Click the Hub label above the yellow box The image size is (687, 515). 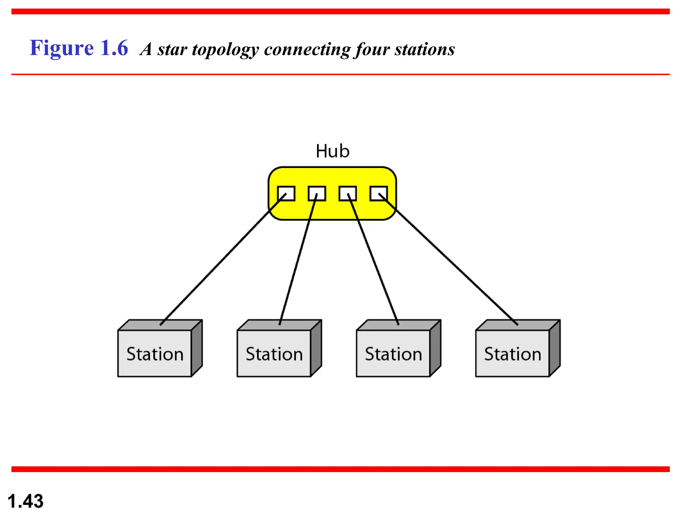pyautogui.click(x=332, y=151)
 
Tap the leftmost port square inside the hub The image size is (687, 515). pyautogui.click(x=286, y=193)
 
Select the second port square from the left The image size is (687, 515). pyautogui.click(x=317, y=193)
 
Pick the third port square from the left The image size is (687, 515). pyautogui.click(x=348, y=193)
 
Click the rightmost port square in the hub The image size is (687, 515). pyautogui.click(x=378, y=193)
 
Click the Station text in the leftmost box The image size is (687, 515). pyautogui.click(x=155, y=354)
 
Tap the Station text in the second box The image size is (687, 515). pyautogui.click(x=274, y=354)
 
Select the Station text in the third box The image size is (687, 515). pyautogui.click(x=393, y=354)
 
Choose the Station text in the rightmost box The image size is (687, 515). pyautogui.click(x=513, y=354)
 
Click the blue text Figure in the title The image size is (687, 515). pyautogui.click(x=62, y=48)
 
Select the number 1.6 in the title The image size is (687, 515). pyautogui.click(x=114, y=48)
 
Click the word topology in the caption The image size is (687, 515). pyautogui.click(x=225, y=50)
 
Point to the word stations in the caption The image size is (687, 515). pyautogui.click(x=424, y=50)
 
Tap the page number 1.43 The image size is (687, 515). pyautogui.click(x=25, y=501)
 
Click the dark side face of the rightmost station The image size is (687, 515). pyautogui.click(x=555, y=349)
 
